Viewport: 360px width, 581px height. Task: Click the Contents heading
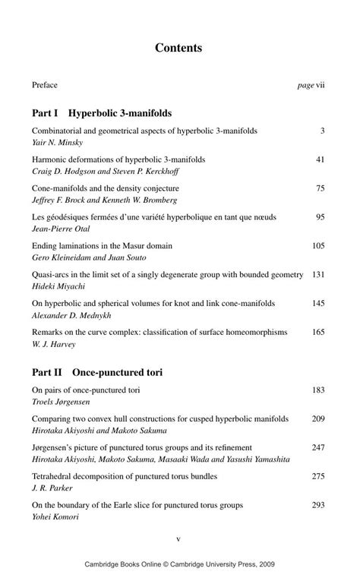[178, 48]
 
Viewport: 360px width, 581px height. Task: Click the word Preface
[45, 85]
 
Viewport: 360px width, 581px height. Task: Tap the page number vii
[321, 85]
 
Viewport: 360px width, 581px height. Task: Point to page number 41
[320, 159]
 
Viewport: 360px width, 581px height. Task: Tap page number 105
[318, 246]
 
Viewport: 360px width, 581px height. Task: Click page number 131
[318, 274]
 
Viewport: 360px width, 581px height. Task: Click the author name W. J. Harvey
[52, 343]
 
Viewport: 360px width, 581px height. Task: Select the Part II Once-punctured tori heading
[97, 373]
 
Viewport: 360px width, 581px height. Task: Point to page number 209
[318, 418]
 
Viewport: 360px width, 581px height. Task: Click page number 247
[318, 447]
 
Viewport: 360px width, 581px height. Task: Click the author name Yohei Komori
[55, 516]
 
